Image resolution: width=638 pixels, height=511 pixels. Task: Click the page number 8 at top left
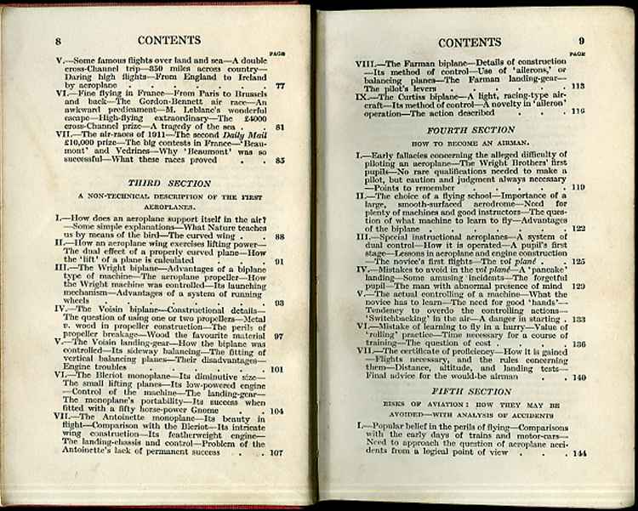coord(58,42)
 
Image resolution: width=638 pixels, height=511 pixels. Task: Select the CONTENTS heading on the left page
coord(168,40)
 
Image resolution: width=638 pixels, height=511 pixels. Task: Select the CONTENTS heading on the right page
coord(469,42)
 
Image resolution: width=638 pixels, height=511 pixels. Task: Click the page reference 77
coord(280,87)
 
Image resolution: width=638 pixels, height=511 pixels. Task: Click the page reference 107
coord(276,453)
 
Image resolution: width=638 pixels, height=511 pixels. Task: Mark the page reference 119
coord(578,187)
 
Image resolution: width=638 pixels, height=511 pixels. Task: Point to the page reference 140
coord(579,377)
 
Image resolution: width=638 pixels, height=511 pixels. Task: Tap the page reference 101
coord(276,370)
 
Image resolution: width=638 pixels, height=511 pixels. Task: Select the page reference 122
coord(578,228)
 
